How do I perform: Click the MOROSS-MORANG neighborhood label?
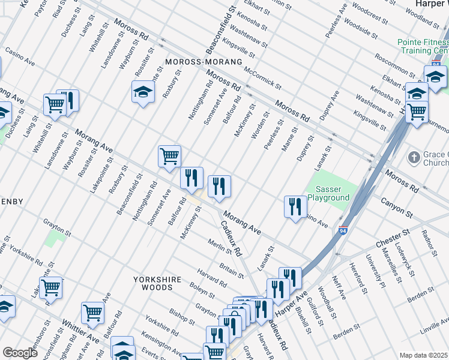click(x=203, y=62)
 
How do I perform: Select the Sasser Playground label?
click(x=328, y=193)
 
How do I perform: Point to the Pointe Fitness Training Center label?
click(x=423, y=47)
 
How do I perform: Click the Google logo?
click(x=20, y=353)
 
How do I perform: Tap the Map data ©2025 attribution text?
click(x=423, y=355)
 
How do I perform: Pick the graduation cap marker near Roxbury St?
click(x=143, y=92)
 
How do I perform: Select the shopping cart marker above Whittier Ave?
click(x=92, y=311)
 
